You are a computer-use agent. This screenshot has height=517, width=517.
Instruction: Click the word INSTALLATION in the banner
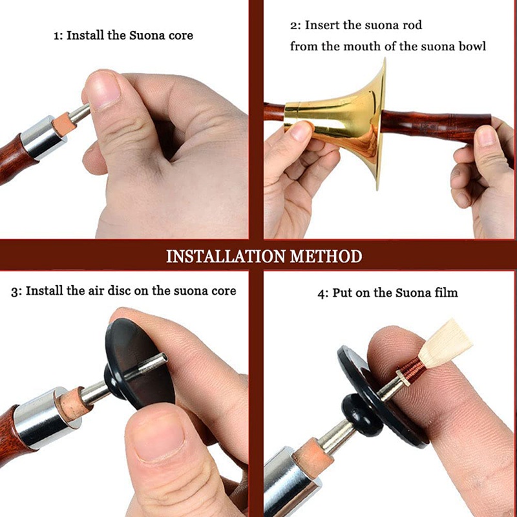[x=226, y=256]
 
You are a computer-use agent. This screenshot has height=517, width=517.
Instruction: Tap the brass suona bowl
[x=340, y=123]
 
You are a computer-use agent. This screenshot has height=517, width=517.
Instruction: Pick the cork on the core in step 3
[x=73, y=405]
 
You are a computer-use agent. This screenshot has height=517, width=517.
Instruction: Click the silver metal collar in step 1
[x=43, y=137]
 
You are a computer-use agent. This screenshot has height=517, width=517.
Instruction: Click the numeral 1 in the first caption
[x=56, y=36]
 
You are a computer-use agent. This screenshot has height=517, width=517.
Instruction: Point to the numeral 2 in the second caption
[x=294, y=25]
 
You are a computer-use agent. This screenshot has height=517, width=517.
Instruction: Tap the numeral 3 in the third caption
[x=14, y=291]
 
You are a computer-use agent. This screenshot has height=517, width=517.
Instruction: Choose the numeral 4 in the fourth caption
[x=321, y=293]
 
